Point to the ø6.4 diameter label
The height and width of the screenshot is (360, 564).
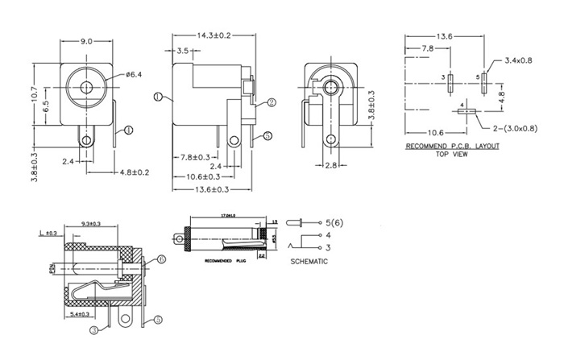134,75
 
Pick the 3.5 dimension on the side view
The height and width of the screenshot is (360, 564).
184,51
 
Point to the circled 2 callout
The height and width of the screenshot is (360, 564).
272,102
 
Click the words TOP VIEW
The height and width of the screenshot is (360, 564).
452,154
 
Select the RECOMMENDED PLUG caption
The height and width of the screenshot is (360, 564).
225,262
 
